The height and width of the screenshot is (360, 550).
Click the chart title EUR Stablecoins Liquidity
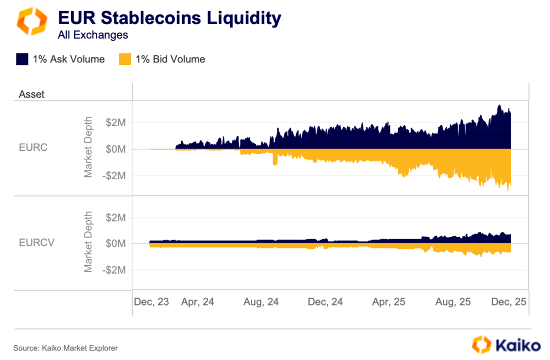pyautogui.click(x=169, y=18)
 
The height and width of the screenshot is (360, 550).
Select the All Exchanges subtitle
pyautogui.click(x=93, y=35)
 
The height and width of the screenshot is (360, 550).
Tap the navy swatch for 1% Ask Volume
pyautogui.click(x=22, y=59)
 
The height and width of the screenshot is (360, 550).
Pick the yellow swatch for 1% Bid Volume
pyautogui.click(x=125, y=59)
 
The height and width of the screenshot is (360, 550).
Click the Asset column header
pyautogui.click(x=31, y=94)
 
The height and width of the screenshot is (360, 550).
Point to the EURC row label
pyautogui.click(x=33, y=147)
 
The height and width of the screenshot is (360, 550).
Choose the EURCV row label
pyautogui.click(x=36, y=242)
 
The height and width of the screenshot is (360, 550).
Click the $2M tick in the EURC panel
pyautogui.click(x=116, y=122)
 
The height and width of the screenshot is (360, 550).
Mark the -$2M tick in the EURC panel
pyautogui.click(x=114, y=175)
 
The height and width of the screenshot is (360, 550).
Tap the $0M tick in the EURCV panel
pyautogui.click(x=116, y=244)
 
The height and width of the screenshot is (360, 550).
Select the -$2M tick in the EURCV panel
pyautogui.click(x=114, y=270)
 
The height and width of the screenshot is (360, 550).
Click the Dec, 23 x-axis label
pyautogui.click(x=152, y=302)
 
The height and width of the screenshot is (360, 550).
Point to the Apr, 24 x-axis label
pyautogui.click(x=197, y=302)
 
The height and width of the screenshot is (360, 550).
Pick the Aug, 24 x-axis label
pyautogui.click(x=261, y=302)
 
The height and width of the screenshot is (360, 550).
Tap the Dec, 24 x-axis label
pyautogui.click(x=325, y=302)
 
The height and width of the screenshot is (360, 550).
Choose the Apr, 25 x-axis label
pyautogui.click(x=389, y=302)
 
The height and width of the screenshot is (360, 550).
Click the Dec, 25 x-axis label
pyautogui.click(x=509, y=302)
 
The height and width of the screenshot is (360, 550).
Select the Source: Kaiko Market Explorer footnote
pyautogui.click(x=65, y=348)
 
